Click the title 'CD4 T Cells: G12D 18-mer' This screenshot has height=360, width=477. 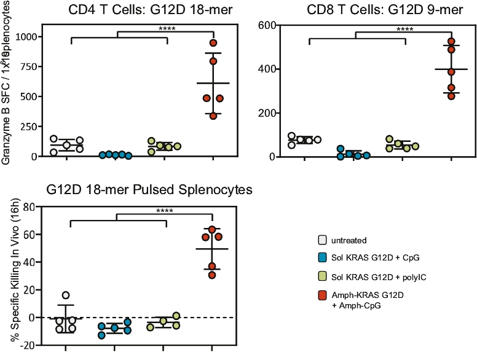click(x=142, y=9)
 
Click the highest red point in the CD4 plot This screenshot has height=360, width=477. click(x=213, y=43)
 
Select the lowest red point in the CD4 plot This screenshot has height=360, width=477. click(x=213, y=115)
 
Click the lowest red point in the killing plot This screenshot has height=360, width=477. click(x=212, y=275)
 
